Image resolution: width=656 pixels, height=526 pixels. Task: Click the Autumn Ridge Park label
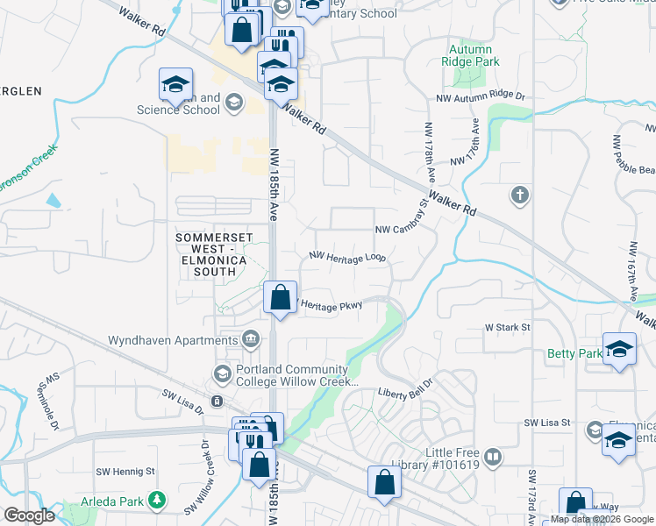[468, 57]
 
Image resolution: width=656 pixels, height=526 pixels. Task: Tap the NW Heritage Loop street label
[347, 257]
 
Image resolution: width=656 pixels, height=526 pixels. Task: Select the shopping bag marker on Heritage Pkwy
[280, 297]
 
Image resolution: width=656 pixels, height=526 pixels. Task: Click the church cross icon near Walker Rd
[520, 195]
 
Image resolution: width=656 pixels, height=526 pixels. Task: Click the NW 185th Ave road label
[274, 184]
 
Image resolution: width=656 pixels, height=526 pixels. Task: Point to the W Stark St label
[509, 327]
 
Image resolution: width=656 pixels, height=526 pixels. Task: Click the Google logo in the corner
[29, 515]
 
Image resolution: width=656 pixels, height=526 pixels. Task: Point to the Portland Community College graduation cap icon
[223, 374]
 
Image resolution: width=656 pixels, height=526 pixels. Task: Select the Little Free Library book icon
[493, 458]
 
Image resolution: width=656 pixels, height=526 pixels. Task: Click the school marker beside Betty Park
[619, 349]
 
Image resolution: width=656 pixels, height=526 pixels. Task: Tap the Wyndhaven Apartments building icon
[251, 338]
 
